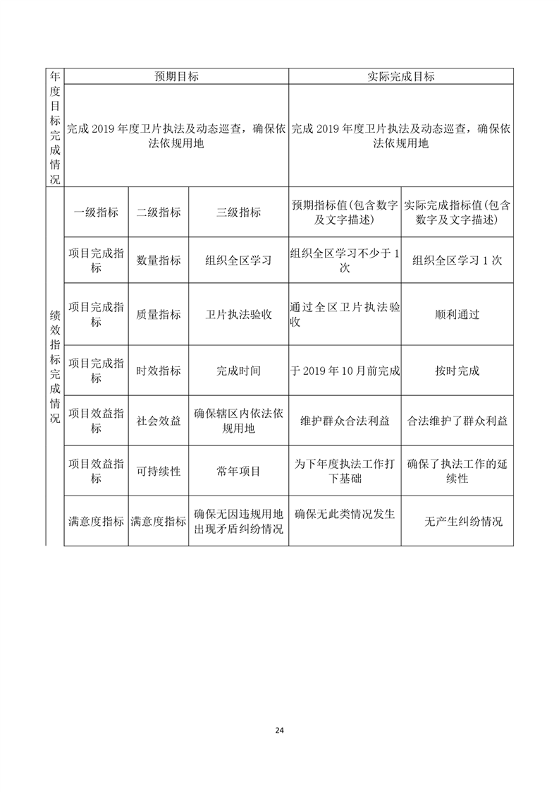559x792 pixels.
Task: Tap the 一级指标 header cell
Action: coord(96,212)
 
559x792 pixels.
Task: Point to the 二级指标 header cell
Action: coord(158,212)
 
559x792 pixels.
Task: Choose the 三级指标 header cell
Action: coord(238,212)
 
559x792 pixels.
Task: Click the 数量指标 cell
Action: coord(158,260)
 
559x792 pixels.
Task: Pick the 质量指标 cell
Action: coord(158,315)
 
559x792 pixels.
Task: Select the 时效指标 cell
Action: coord(158,371)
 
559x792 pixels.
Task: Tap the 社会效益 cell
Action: coord(158,421)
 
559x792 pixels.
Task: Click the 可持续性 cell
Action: coord(158,471)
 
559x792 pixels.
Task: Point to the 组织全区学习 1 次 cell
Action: coord(457,260)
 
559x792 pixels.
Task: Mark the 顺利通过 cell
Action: coord(457,315)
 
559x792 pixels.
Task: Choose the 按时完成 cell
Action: coord(457,371)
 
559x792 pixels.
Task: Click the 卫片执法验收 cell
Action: coord(238,315)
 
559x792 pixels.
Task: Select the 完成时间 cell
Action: coord(238,371)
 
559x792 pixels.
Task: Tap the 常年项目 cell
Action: coord(238,471)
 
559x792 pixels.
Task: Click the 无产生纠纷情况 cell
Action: coord(463,522)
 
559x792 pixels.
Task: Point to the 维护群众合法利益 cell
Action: coord(345,421)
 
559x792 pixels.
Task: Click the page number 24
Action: coord(280,731)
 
